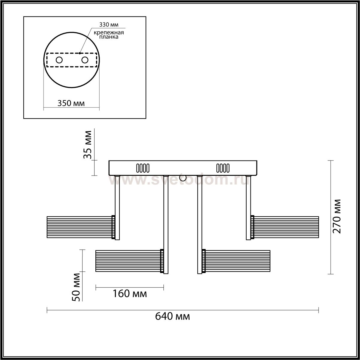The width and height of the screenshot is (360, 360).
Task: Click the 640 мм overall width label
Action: [x=172, y=316]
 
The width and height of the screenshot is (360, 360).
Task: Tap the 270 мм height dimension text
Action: [x=337, y=216]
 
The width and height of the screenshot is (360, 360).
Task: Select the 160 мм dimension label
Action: [x=130, y=293]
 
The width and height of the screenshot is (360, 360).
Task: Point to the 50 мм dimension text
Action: [x=76, y=287]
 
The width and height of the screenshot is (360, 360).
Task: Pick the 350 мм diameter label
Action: [x=71, y=103]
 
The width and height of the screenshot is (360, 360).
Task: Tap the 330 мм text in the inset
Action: [x=109, y=25]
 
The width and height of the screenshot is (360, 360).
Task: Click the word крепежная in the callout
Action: [x=109, y=33]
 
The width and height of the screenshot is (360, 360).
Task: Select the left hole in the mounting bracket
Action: [x=59, y=60]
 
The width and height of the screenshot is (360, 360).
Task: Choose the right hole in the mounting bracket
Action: [x=85, y=60]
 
